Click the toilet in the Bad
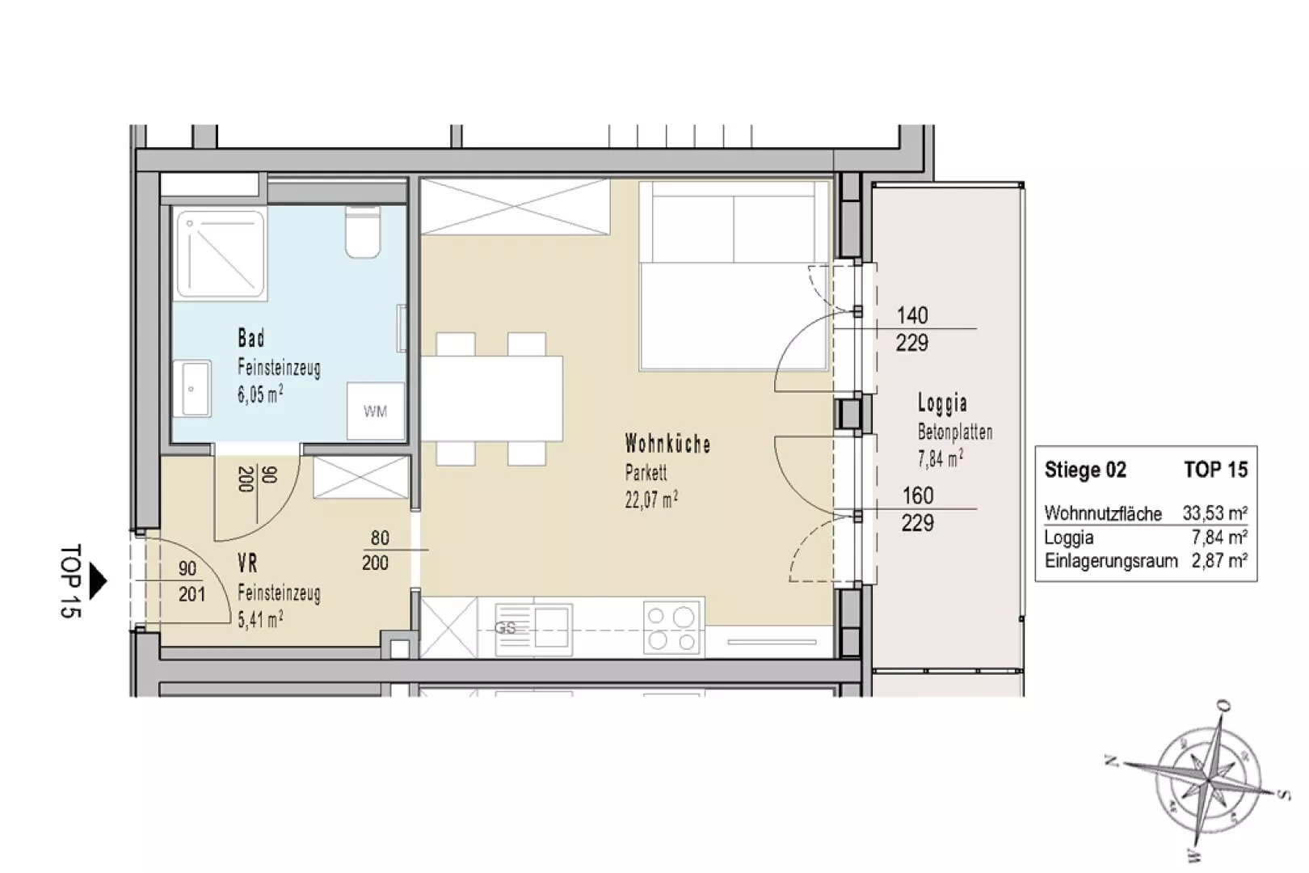[363, 231]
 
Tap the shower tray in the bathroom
[221, 255]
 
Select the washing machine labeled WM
[375, 411]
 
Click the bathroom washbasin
[192, 389]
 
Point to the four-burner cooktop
[672, 627]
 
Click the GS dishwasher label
[505, 628]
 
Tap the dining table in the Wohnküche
[491, 399]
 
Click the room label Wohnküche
[667, 444]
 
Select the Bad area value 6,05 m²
[261, 394]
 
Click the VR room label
[247, 563]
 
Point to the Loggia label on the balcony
[942, 403]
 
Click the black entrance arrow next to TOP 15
[98, 581]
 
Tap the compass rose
[1206, 780]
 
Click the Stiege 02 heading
[1085, 470]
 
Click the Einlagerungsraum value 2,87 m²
[1219, 561]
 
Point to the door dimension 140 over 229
[912, 329]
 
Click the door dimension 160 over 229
[918, 509]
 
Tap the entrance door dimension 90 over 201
[192, 582]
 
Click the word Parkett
[646, 472]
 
